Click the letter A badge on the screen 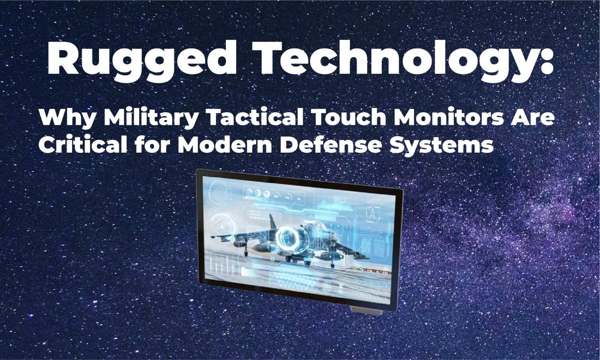pos(373,214)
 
